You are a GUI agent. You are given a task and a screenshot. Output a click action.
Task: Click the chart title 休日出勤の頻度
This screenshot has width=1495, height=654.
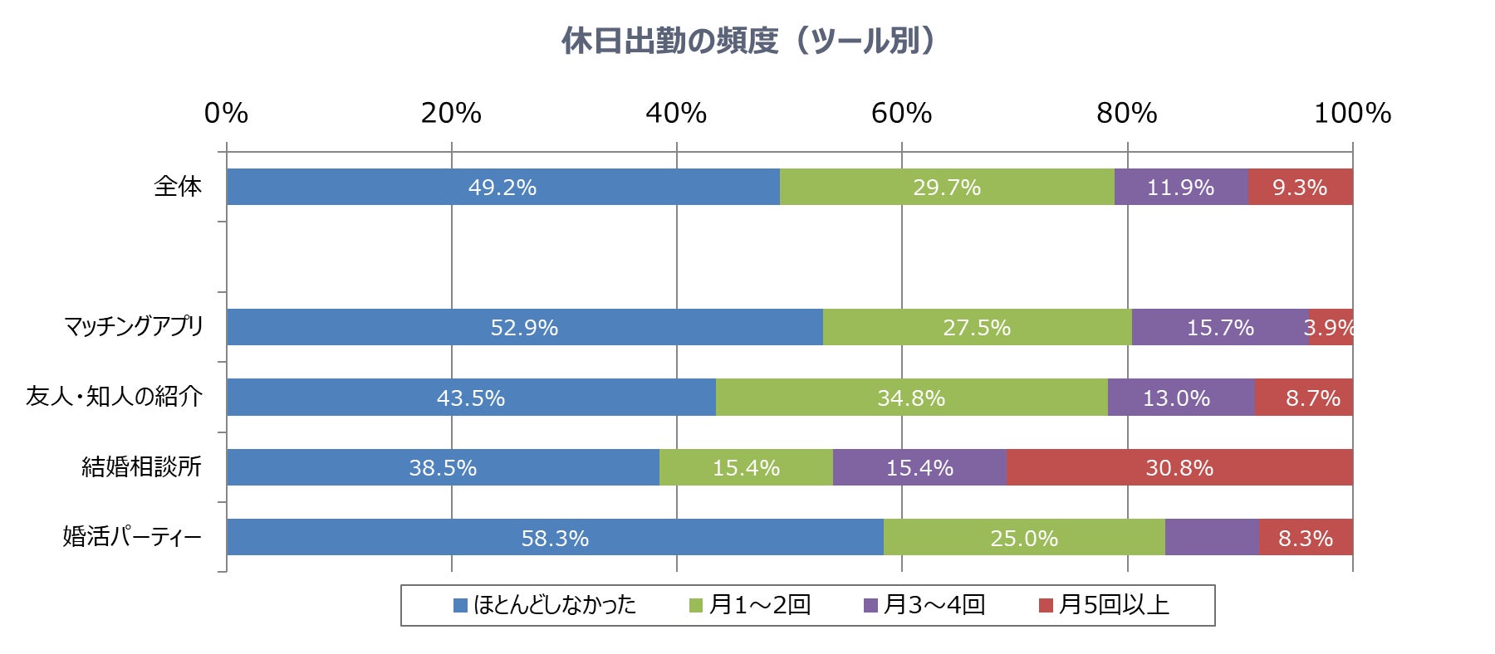point(747,41)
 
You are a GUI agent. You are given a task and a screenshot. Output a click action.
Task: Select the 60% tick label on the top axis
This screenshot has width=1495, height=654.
point(901,113)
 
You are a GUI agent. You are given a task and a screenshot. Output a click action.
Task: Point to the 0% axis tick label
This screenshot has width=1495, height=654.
point(226,113)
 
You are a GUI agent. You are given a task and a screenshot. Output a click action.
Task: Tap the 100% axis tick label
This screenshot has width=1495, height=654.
point(1351,113)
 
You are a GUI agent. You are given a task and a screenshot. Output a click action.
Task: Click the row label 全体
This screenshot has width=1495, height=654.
point(178,187)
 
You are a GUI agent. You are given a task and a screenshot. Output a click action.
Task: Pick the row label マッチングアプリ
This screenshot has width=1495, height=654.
point(134,327)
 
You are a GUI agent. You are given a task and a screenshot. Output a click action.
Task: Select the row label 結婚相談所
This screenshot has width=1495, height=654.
point(141,466)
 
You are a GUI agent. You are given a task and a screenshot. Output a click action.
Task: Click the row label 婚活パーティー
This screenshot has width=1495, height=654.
point(132,537)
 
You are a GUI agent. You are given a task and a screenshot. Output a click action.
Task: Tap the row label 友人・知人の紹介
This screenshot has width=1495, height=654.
point(114,397)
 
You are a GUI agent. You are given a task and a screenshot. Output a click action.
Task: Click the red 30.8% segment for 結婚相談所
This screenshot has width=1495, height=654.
point(1179,467)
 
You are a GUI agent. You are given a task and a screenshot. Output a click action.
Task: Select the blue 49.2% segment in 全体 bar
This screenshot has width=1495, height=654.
point(502,187)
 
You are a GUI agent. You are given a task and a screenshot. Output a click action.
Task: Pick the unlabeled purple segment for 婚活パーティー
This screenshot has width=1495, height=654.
point(1212,537)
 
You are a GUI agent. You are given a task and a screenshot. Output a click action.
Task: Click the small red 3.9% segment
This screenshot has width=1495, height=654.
point(1331,327)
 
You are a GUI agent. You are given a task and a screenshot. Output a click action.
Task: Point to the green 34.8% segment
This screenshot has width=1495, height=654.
point(911,398)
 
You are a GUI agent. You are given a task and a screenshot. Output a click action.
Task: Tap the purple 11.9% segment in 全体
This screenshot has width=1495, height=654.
point(1180,187)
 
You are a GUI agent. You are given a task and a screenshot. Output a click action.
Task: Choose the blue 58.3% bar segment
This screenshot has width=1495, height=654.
point(555,537)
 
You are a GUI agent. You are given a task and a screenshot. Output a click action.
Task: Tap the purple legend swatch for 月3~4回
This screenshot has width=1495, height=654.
point(870,606)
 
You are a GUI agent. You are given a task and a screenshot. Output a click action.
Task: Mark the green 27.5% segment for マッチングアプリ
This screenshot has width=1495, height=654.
point(977,327)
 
